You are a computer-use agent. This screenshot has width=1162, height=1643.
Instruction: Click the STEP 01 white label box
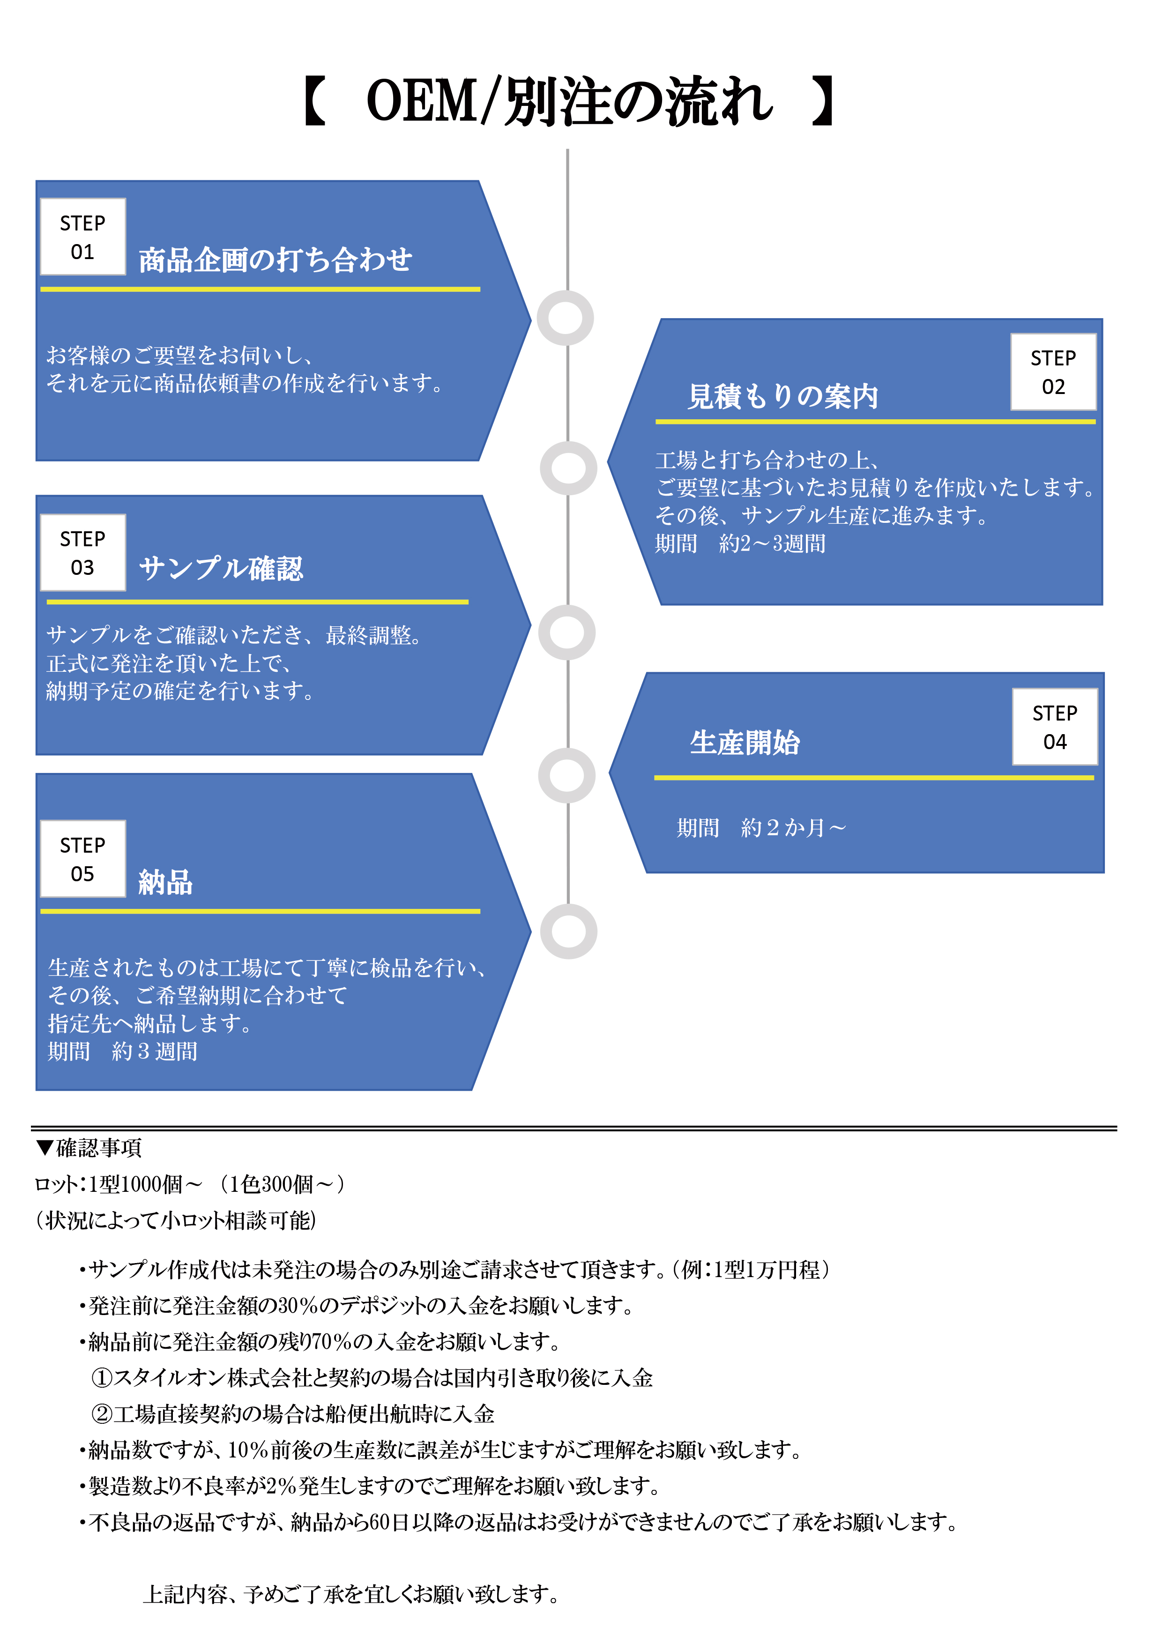coord(83,237)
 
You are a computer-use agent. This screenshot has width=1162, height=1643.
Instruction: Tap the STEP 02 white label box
coord(1053,372)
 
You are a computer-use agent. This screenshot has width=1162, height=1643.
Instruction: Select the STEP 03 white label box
coord(83,552)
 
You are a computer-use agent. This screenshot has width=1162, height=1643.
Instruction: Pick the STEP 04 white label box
coord(1055,727)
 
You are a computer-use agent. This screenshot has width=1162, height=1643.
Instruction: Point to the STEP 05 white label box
coord(83,859)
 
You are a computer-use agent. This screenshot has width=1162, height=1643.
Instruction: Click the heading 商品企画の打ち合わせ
coord(276,260)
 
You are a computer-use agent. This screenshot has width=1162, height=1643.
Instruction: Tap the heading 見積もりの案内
coord(783,396)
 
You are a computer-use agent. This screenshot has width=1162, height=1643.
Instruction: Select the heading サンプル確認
coord(221,569)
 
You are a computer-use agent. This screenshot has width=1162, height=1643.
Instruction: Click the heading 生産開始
coord(745,743)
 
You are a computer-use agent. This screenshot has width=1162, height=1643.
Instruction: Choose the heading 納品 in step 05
coord(165,882)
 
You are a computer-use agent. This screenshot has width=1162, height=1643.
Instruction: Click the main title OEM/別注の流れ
coord(569,102)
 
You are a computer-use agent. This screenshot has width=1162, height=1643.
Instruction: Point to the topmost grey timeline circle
coord(565,318)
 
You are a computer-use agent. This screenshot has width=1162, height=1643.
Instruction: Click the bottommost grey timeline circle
coord(568,931)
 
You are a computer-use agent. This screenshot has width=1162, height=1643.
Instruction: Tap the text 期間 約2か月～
coord(761,828)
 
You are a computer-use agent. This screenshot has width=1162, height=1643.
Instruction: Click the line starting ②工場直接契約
coord(293,1414)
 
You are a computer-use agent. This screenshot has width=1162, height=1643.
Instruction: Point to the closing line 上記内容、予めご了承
coord(350,1594)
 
